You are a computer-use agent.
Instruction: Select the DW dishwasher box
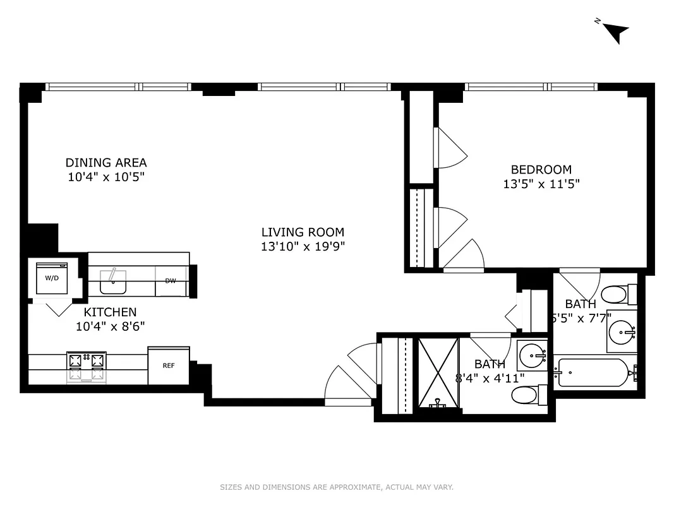tap(171, 281)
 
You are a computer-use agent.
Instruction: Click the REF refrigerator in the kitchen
tap(169, 365)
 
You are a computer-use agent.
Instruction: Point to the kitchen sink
tap(113, 280)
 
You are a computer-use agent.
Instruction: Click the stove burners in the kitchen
tap(85, 366)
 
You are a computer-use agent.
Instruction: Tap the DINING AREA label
tap(106, 163)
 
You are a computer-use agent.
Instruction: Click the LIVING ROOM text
tap(303, 232)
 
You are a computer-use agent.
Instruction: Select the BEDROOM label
tap(541, 169)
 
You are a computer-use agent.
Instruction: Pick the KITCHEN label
tap(111, 312)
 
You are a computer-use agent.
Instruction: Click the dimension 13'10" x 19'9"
tap(303, 247)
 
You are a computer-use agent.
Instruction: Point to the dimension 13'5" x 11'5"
tap(541, 184)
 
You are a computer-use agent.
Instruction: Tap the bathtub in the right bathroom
tap(594, 372)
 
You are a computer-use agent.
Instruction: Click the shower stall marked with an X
tap(437, 374)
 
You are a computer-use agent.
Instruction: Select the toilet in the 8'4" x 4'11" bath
tap(524, 396)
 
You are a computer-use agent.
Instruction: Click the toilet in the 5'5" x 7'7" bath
tap(614, 294)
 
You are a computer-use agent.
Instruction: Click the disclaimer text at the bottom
tap(337, 487)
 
